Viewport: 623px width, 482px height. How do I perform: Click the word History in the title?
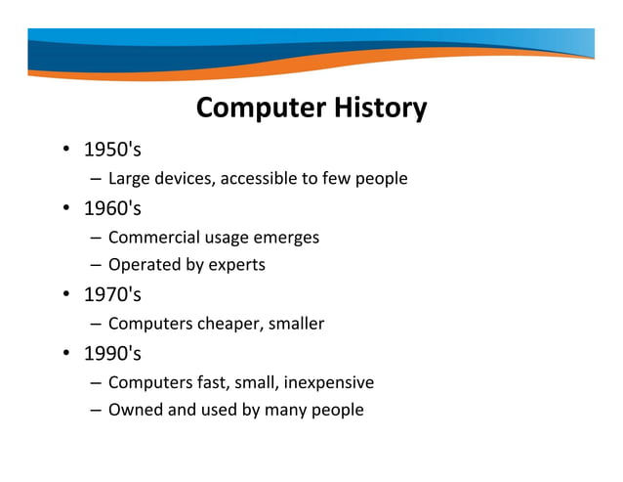click(377, 108)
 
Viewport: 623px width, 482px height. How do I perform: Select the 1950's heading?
click(112, 151)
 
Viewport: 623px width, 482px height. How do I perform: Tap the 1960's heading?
click(112, 208)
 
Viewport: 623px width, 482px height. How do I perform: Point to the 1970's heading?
click(112, 294)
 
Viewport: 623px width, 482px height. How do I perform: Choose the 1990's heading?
click(112, 353)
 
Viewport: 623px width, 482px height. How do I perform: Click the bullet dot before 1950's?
click(64, 152)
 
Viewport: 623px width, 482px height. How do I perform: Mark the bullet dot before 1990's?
click(64, 354)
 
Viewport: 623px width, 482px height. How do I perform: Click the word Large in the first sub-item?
click(128, 179)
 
